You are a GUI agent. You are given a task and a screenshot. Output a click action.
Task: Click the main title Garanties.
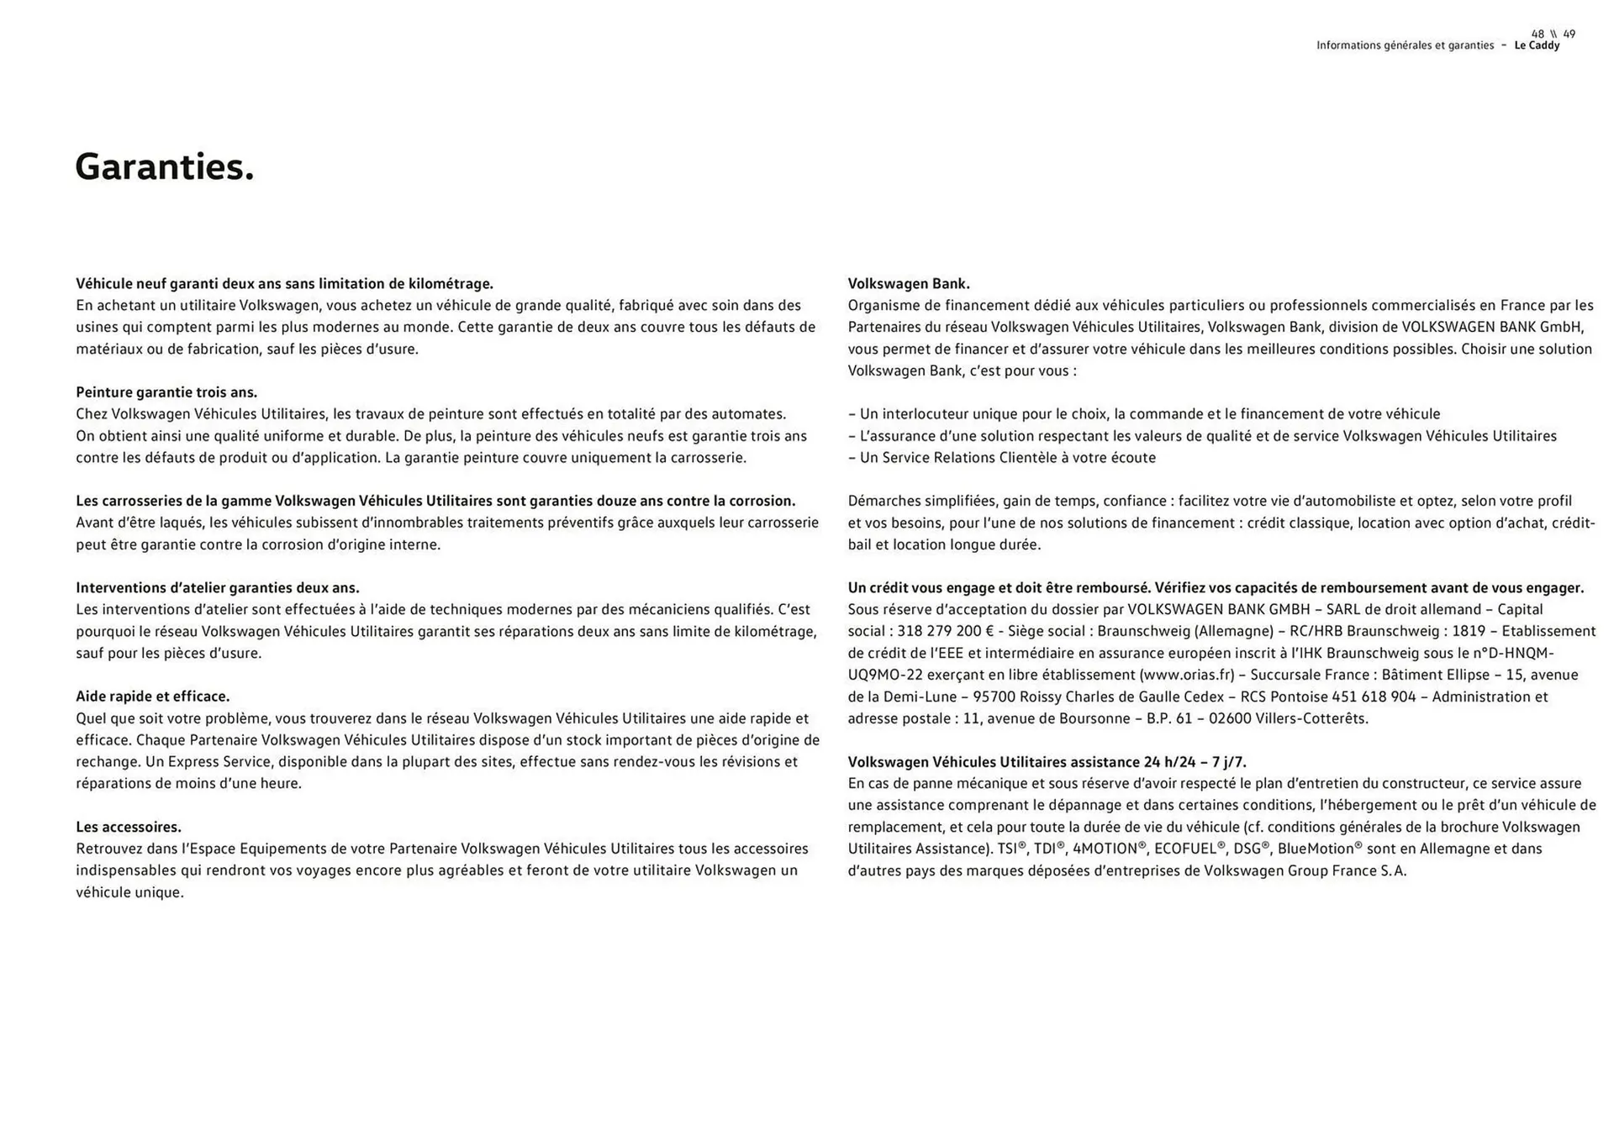coord(165,166)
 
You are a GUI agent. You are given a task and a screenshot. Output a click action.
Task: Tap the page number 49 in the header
coord(1569,34)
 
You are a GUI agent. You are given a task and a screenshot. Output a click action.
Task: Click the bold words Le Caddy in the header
coord(1537,45)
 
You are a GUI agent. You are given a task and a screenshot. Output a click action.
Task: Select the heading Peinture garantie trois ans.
coord(166,392)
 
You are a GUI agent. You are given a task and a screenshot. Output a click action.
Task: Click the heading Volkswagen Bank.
coord(908,284)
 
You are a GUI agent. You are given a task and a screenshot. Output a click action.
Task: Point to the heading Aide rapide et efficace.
coord(152,697)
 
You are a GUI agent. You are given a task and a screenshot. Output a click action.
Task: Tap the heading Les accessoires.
coord(129,827)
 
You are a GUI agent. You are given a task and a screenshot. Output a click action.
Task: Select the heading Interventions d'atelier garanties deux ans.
coord(218,588)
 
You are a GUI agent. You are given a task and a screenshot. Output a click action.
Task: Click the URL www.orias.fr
coord(1187,675)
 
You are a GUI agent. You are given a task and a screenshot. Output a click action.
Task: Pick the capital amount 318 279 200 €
coord(945,631)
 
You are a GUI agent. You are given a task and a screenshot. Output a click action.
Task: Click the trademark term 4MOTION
coord(1105,849)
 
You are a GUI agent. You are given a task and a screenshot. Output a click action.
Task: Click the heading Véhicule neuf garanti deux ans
coord(284,284)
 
